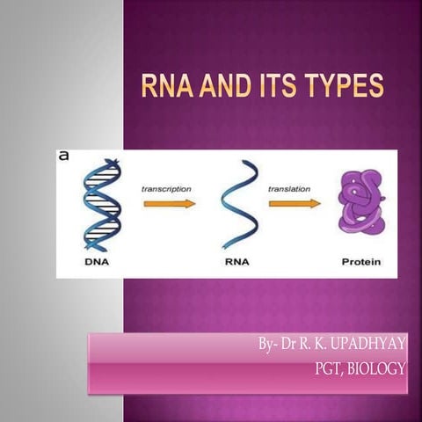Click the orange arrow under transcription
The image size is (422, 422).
[x=169, y=203]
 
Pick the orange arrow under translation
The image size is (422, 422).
[x=295, y=203]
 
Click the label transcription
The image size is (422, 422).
[x=167, y=188]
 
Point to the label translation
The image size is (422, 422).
[x=291, y=188]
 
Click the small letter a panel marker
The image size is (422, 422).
[x=64, y=156]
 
